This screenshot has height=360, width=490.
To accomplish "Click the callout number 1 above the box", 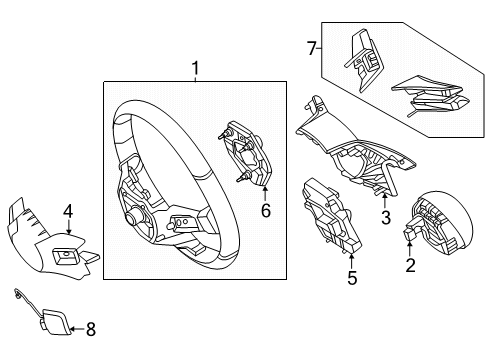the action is (x=195, y=68).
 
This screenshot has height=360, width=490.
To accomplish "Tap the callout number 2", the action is (x=410, y=265).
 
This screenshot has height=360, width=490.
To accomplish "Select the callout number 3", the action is (x=386, y=218).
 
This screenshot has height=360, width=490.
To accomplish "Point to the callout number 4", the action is (x=68, y=211).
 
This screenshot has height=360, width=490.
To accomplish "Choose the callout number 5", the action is (x=352, y=278).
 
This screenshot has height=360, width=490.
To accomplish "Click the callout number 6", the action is (x=266, y=210).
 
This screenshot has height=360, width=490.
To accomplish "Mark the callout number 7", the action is (x=311, y=49).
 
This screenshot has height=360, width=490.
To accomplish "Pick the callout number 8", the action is (x=91, y=329).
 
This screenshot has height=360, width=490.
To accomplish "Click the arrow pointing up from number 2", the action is (x=410, y=249).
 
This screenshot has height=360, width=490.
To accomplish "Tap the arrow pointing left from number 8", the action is (x=78, y=329).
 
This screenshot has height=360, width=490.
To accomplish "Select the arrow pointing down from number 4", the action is (x=69, y=227).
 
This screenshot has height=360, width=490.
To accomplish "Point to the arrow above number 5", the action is (x=352, y=261).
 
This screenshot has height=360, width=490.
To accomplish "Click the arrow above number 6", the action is (x=265, y=194).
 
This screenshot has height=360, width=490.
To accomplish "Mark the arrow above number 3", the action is (x=385, y=201).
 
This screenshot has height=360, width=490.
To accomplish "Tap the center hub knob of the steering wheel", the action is (x=131, y=218).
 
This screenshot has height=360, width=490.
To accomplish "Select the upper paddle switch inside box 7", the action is (x=364, y=60).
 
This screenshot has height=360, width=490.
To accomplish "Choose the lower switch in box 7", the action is (x=430, y=95).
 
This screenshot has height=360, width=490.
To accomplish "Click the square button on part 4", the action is (x=65, y=257).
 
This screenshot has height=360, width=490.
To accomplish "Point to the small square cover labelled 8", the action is (x=56, y=321).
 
